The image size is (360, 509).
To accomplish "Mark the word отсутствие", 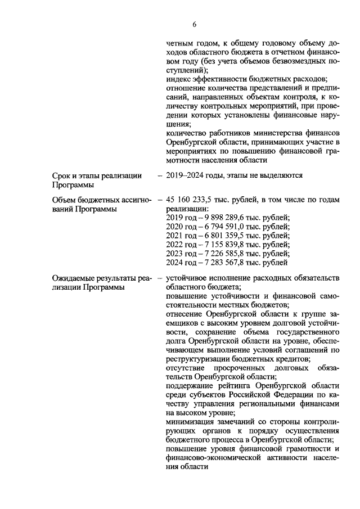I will tap(188, 367).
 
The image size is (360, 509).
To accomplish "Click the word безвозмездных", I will tap(292, 62).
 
